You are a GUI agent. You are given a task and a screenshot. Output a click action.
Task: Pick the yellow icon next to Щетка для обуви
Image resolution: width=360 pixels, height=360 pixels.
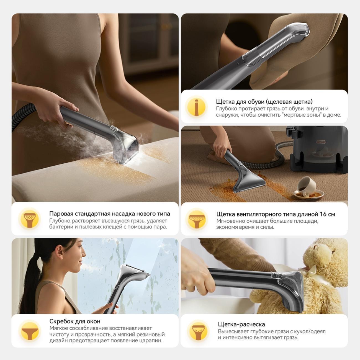(197, 107)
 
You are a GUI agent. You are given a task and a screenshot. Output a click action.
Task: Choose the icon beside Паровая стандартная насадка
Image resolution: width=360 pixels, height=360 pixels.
(30, 218)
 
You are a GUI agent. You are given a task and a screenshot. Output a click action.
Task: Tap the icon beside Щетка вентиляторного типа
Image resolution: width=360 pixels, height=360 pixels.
(197, 219)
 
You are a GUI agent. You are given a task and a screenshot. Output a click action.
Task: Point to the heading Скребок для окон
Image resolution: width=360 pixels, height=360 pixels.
(75, 321)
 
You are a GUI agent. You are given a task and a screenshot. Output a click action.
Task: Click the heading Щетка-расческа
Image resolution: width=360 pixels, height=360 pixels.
(241, 324)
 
